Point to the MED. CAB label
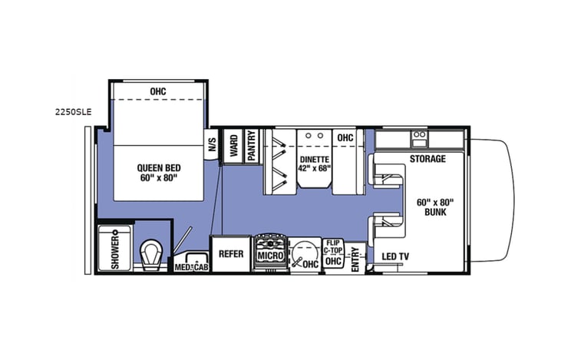190,266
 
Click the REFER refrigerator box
230,254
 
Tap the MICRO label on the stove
269,255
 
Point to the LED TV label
394,256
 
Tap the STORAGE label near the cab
427,159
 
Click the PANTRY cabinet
252,146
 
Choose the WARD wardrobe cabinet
232,146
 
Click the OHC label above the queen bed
158,92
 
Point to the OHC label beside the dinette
345,137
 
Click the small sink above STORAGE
420,138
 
